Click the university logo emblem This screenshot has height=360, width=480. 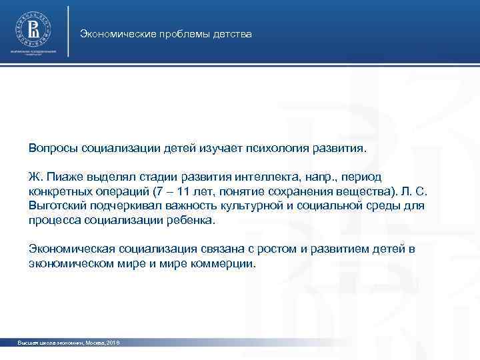(32, 29)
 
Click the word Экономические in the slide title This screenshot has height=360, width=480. (114, 33)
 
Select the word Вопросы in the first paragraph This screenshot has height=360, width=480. (51, 147)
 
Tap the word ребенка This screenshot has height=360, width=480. (193, 221)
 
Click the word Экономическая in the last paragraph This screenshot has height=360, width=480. (72, 249)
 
